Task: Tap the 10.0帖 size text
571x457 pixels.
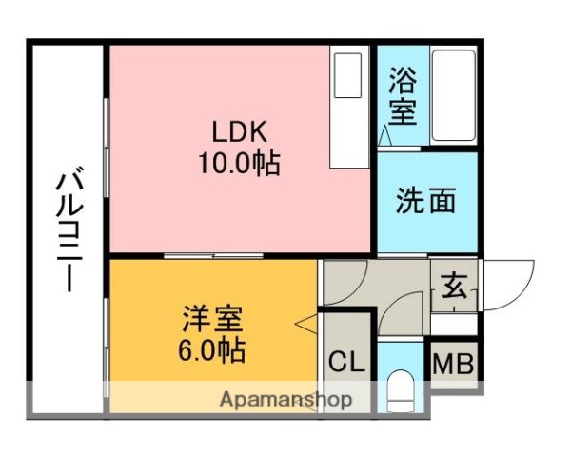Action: click(238, 164)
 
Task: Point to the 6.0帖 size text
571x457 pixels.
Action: click(210, 348)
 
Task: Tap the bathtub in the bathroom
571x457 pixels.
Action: click(452, 95)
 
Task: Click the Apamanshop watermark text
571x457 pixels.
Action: click(285, 399)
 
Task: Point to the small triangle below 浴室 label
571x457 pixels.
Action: click(385, 139)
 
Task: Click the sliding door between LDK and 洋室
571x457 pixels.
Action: click(213, 255)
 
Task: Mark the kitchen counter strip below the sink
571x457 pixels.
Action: click(348, 133)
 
